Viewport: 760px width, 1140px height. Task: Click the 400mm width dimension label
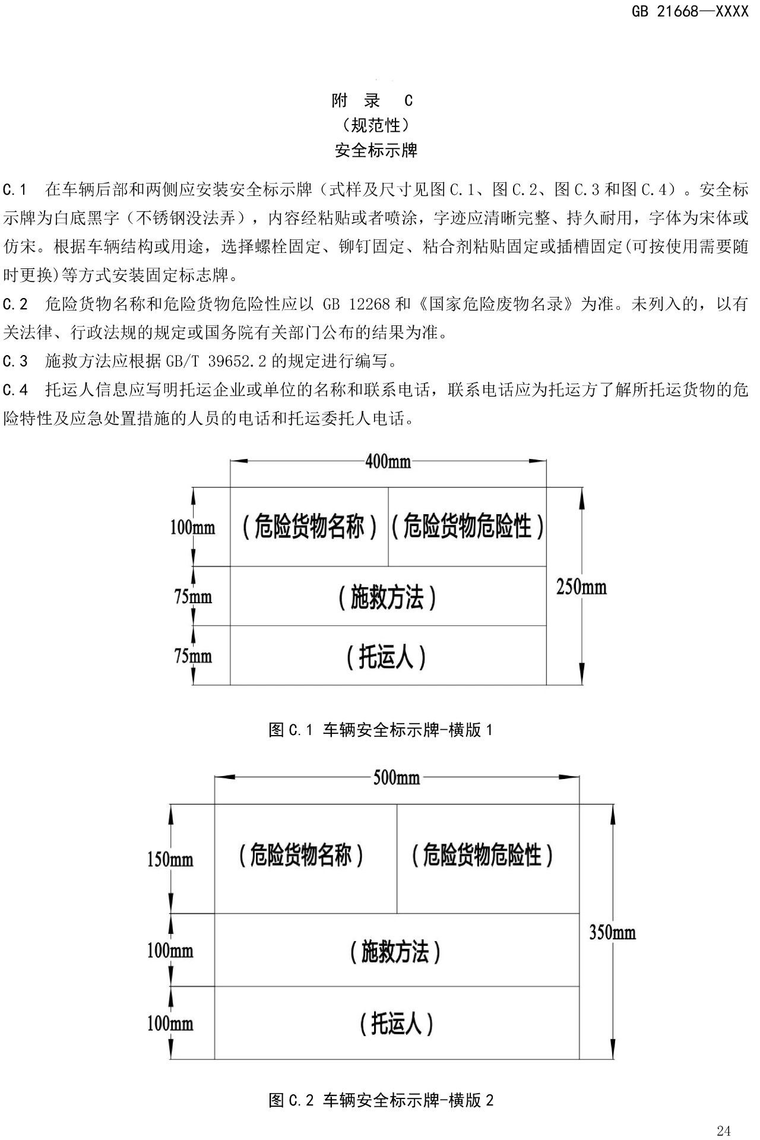pyautogui.click(x=388, y=461)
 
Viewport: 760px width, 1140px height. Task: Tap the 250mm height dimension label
pyautogui.click(x=581, y=587)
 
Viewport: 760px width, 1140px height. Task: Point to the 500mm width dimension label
pyautogui.click(x=396, y=777)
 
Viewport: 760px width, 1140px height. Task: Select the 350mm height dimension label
pyautogui.click(x=612, y=932)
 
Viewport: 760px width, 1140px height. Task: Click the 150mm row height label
pyautogui.click(x=170, y=859)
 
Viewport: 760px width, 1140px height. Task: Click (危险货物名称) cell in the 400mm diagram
pyautogui.click(x=309, y=526)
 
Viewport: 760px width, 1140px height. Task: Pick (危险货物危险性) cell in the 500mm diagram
pyautogui.click(x=482, y=856)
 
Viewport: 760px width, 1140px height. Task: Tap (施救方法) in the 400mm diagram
pyautogui.click(x=387, y=597)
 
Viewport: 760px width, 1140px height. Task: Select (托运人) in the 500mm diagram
pyautogui.click(x=396, y=1024)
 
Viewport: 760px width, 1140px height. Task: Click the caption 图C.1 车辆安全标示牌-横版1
pyautogui.click(x=381, y=730)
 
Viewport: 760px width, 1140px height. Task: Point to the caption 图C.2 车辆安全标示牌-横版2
pyautogui.click(x=381, y=1100)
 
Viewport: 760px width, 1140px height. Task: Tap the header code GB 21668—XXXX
pyautogui.click(x=690, y=11)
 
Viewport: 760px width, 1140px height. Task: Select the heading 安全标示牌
pyautogui.click(x=376, y=150)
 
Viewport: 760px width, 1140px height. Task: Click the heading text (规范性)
pyautogui.click(x=376, y=125)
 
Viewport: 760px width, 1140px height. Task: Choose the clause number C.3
pyautogui.click(x=15, y=361)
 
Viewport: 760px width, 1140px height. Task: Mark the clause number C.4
pyautogui.click(x=15, y=390)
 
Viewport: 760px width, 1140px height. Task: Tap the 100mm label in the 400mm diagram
pyautogui.click(x=192, y=527)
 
